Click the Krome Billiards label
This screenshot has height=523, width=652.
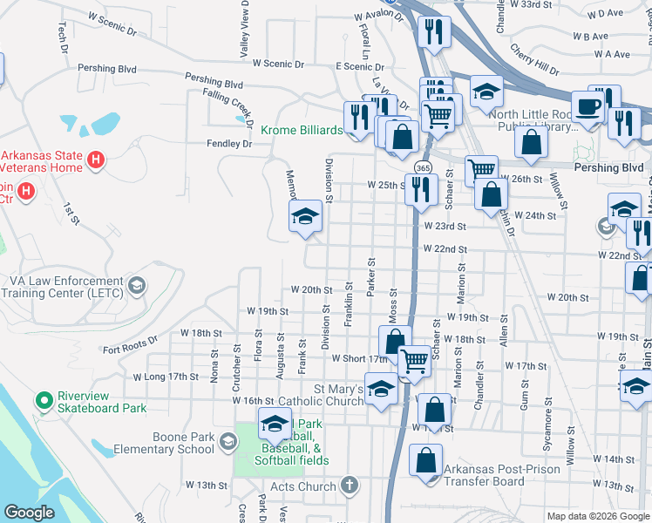click(301, 130)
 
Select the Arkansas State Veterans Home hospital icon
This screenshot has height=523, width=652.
click(97, 160)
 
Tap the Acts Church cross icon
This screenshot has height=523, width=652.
click(349, 486)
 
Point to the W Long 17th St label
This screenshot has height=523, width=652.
click(166, 377)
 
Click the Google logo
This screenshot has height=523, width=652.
click(29, 513)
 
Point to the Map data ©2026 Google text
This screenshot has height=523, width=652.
click(597, 516)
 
